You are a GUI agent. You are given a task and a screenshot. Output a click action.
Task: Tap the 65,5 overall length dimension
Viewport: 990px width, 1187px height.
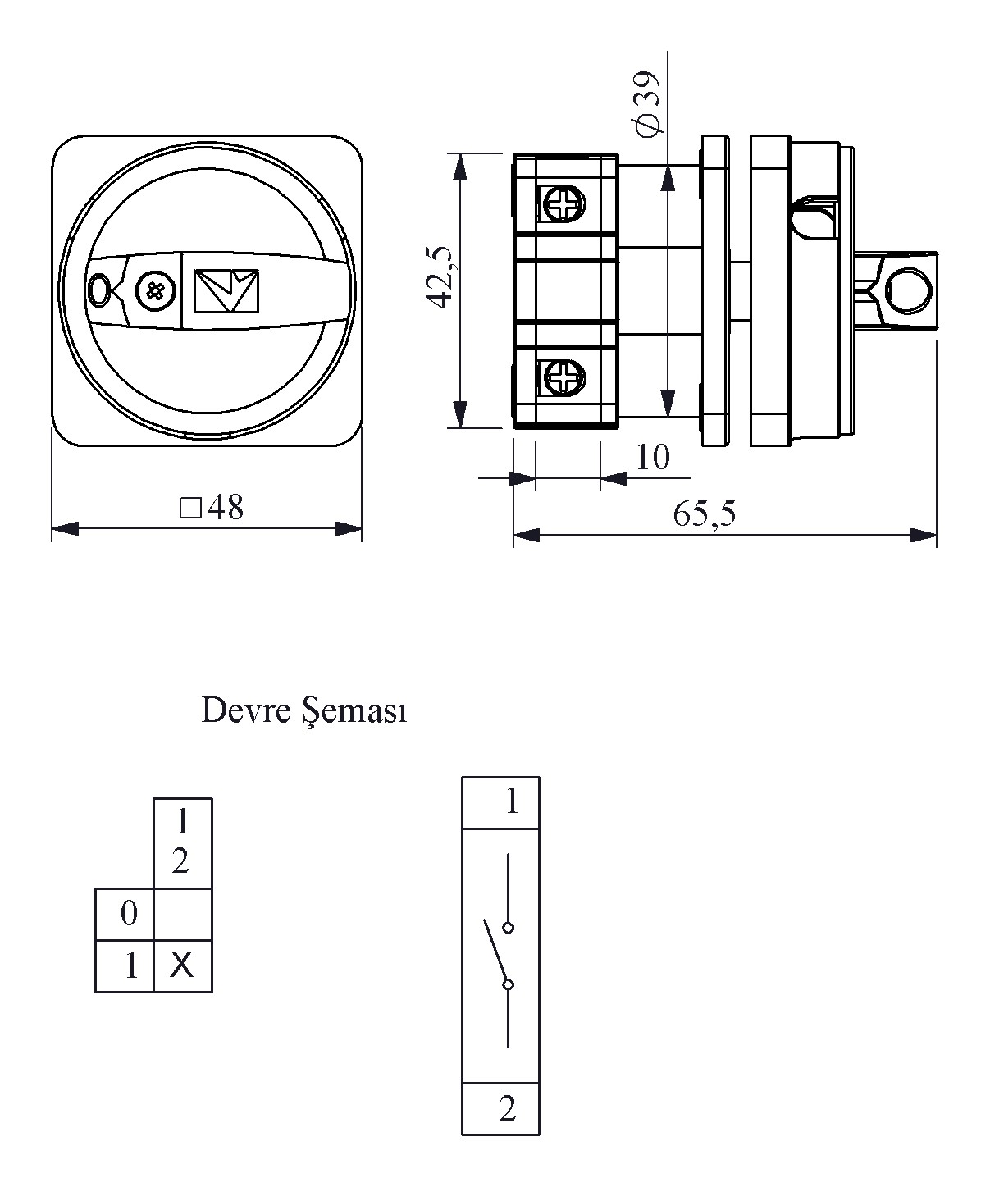pyautogui.click(x=705, y=514)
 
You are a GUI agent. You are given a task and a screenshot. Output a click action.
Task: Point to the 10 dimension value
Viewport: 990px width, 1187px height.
pyautogui.click(x=653, y=457)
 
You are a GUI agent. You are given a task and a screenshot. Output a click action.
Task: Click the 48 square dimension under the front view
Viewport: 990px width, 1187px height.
pyautogui.click(x=212, y=509)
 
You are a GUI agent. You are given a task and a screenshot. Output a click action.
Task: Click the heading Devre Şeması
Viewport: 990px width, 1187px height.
pyautogui.click(x=304, y=711)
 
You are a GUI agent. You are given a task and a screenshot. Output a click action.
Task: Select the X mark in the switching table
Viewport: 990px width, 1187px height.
pyautogui.click(x=182, y=966)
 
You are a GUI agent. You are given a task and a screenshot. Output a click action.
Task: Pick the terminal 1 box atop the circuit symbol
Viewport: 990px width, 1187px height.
pyautogui.click(x=500, y=801)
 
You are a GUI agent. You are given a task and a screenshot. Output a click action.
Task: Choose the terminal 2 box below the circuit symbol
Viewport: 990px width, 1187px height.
pyautogui.click(x=500, y=1109)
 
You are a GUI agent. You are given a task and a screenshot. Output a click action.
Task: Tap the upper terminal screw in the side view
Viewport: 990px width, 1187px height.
pyautogui.click(x=563, y=203)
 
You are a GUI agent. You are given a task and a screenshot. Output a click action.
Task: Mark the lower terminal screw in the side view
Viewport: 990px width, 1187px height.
pyautogui.click(x=563, y=378)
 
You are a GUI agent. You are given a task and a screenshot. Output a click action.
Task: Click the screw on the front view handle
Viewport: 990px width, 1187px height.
pyautogui.click(x=154, y=290)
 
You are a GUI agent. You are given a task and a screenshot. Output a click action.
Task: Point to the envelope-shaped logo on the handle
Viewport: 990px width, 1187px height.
pyautogui.click(x=226, y=291)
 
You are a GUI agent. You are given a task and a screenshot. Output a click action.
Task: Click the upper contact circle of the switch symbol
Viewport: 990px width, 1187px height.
pyautogui.click(x=509, y=928)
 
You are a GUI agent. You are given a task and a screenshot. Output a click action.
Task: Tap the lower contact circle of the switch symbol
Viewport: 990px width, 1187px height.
pyautogui.click(x=509, y=984)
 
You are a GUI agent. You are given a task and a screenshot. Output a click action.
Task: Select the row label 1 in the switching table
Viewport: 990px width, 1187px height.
pyautogui.click(x=129, y=967)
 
